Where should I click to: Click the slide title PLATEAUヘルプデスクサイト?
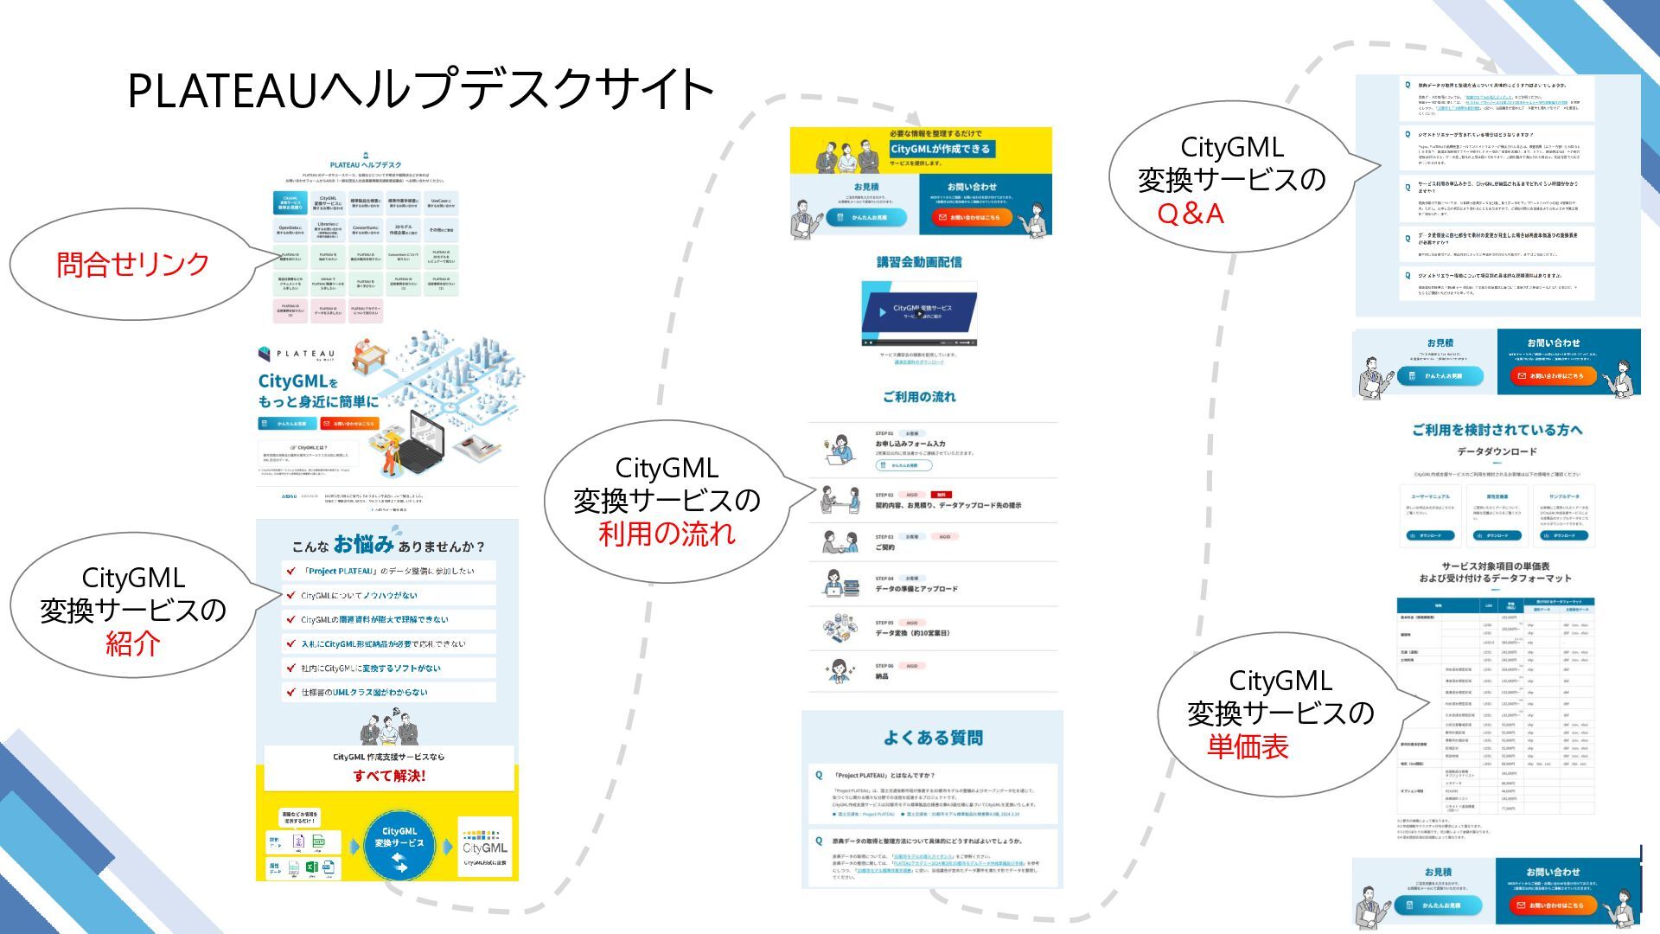tap(420, 90)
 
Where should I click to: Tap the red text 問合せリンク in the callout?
tap(133, 265)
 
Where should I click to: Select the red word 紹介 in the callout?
tap(133, 643)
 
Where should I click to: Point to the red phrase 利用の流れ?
tap(667, 534)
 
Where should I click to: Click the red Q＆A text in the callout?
tap(1191, 214)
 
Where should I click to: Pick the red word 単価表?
tap(1248, 746)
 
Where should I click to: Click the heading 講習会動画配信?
tap(919, 262)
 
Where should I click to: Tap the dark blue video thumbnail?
tap(919, 311)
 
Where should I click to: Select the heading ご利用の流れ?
tap(919, 397)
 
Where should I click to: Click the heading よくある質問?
tap(933, 738)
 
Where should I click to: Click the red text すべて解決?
tap(389, 776)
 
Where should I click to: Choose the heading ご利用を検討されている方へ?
tap(1497, 430)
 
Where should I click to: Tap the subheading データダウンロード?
tap(1497, 451)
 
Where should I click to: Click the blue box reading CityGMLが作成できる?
tap(941, 149)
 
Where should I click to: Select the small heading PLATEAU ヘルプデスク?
tap(366, 164)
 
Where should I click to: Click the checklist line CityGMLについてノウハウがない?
tap(359, 596)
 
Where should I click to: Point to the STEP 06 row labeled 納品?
tap(882, 676)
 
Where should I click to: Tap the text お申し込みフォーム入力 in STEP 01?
tap(910, 444)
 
